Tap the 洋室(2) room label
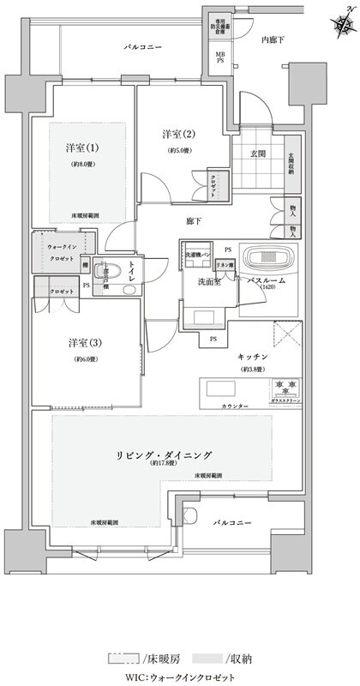177,135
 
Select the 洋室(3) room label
86,343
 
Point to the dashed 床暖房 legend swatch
123,659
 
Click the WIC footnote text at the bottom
179,677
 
